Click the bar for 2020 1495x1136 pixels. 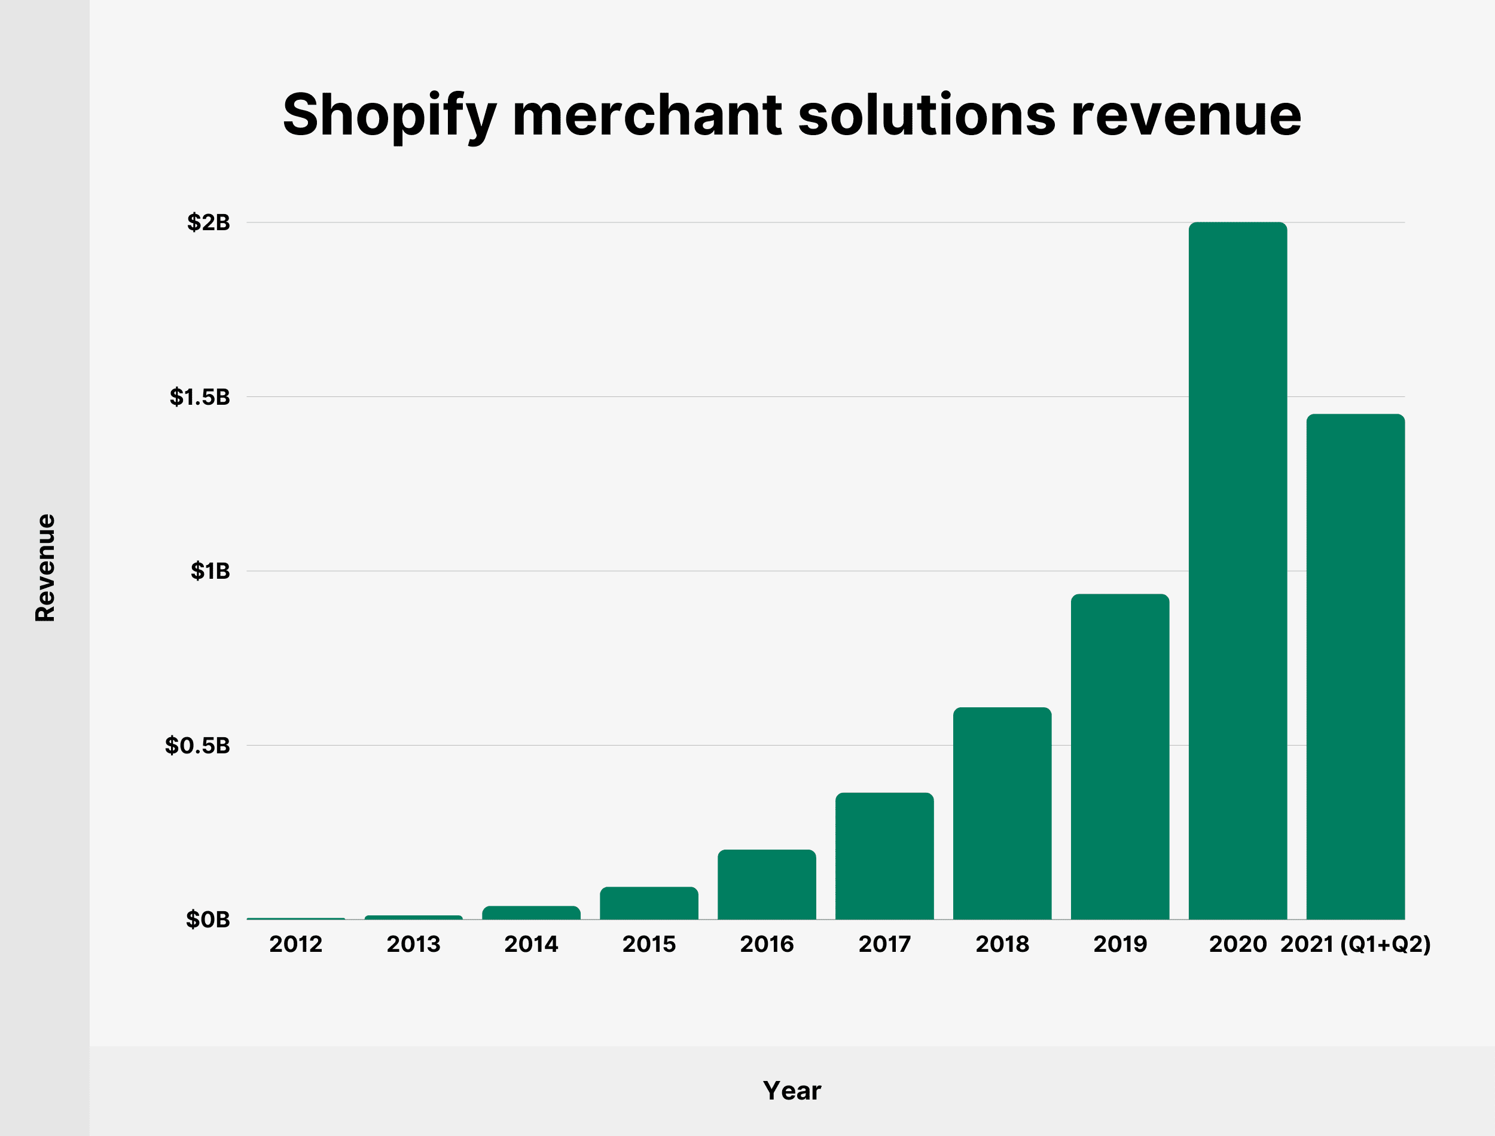pos(1237,572)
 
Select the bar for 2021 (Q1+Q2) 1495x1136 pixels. pos(1355,667)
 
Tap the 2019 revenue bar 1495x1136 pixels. pos(1119,757)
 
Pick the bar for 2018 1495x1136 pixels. pos(1002,814)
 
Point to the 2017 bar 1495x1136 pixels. pos(884,856)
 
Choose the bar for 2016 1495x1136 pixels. pos(767,884)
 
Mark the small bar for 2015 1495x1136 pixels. pos(649,903)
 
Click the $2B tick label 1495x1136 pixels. pos(208,222)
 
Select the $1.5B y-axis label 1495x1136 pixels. pos(200,397)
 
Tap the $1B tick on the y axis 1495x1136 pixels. pos(210,572)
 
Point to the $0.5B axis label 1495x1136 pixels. pos(197,746)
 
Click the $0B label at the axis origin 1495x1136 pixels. pos(208,920)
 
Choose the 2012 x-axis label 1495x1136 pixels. pos(295,944)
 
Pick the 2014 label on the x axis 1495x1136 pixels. pos(531,944)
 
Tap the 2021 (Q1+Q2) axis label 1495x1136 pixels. pos(1355,944)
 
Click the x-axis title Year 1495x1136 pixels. pos(792,1091)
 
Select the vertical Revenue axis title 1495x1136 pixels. pos(45,568)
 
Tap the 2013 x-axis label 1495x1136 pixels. pos(413,944)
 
